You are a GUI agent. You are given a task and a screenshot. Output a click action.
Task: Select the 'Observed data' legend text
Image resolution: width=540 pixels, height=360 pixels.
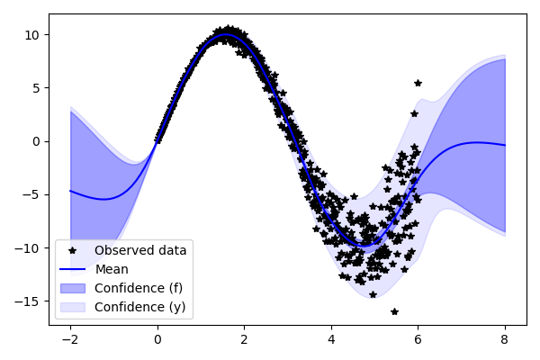point(140,250)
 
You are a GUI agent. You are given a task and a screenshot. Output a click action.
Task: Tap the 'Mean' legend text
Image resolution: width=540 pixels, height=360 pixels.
point(112,268)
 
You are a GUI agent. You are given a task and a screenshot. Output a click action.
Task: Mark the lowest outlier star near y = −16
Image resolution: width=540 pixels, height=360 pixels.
point(394,311)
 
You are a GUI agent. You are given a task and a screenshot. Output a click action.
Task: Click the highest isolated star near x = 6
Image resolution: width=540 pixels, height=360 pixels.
point(418,83)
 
